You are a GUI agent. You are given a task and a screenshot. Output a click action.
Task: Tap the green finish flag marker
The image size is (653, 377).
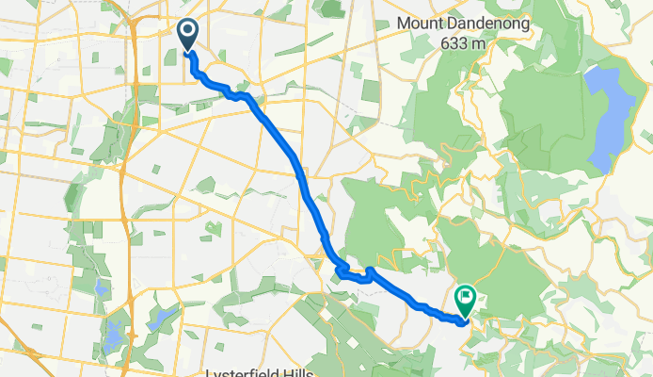466,301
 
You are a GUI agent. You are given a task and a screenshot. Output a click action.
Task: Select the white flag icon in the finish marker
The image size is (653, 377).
466,297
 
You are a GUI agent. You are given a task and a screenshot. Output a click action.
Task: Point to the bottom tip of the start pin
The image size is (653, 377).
188,51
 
